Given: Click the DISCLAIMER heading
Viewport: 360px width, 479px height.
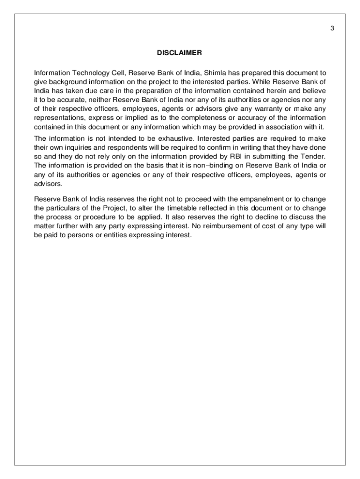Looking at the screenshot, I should [180, 53].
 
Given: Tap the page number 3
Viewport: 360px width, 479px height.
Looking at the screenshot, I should [332, 28].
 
